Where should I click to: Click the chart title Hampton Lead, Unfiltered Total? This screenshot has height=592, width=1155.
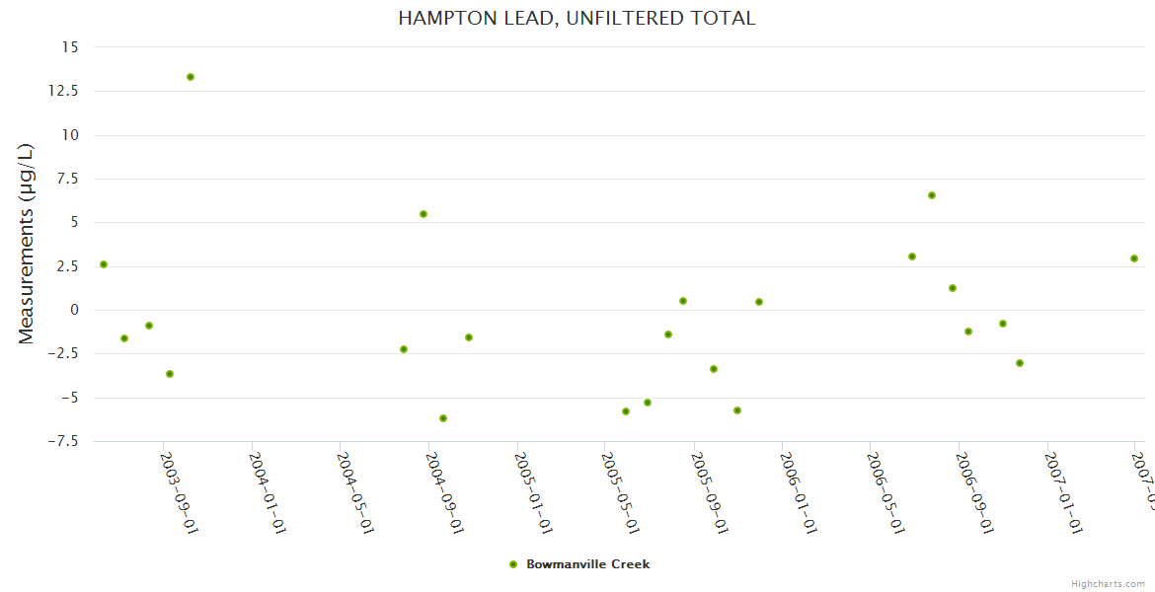[577, 18]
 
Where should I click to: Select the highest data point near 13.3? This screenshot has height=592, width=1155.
[191, 77]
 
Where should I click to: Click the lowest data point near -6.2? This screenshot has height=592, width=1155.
[443, 418]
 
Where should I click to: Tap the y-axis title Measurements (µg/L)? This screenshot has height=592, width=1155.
[27, 244]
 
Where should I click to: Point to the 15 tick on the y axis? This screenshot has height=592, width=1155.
[69, 47]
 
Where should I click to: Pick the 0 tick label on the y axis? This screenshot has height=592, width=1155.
[73, 310]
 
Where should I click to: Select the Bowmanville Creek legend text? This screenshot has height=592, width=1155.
[588, 564]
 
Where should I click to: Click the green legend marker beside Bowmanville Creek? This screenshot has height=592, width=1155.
[512, 564]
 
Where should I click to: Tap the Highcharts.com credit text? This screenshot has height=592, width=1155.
[1108, 583]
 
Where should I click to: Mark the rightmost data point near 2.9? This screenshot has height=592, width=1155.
[1134, 259]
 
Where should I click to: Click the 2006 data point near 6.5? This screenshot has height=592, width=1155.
[932, 195]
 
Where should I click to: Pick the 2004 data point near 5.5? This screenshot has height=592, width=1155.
[423, 214]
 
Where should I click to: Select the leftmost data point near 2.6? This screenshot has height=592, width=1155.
[104, 264]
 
